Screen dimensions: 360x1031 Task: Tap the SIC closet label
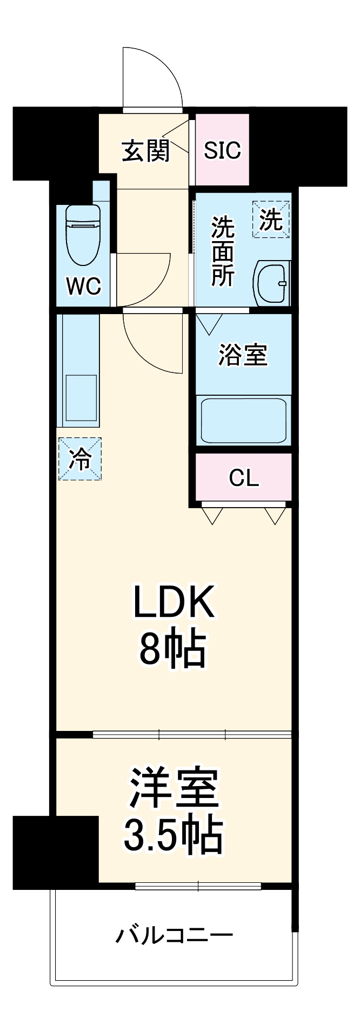coord(222,150)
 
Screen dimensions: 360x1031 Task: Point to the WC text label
coord(83,287)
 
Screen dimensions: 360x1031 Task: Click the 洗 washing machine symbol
coord(271,219)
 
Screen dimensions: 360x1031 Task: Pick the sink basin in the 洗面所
coord(272,282)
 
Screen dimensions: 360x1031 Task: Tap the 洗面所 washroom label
coord(222,251)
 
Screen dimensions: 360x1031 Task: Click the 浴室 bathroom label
coord(243,355)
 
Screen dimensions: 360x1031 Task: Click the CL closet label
coord(244,477)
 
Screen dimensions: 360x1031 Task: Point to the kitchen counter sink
coord(81,397)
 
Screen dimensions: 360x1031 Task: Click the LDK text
coord(174,603)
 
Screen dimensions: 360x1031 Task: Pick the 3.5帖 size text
coord(172,835)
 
